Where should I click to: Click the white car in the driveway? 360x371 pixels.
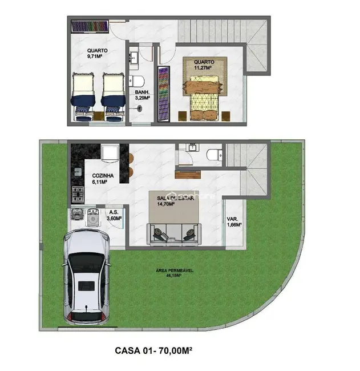(x=86, y=276)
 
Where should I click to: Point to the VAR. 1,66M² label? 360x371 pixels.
(x=232, y=221)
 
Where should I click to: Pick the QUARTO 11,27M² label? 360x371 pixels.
(x=204, y=64)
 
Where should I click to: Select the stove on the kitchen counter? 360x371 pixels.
(x=77, y=195)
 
